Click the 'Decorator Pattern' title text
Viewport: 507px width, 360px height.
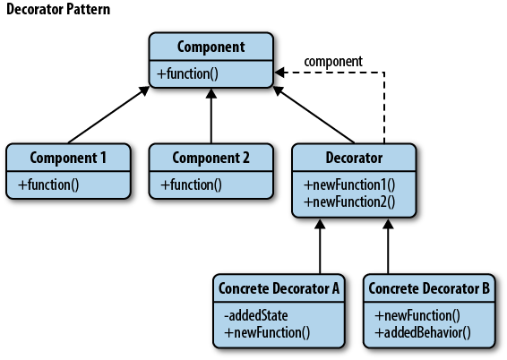(58, 9)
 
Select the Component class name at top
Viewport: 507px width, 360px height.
(211, 47)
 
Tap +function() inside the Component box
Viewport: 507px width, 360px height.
(187, 73)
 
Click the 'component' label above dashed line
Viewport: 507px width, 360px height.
(333, 62)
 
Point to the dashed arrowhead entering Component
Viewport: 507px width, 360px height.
(279, 73)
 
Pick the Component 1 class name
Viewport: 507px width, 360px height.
(68, 158)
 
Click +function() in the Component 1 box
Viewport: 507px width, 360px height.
(48, 184)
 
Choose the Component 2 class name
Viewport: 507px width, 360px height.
(211, 158)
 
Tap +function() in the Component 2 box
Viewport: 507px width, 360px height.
(192, 184)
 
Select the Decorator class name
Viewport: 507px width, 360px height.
(354, 158)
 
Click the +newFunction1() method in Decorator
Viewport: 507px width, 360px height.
(349, 184)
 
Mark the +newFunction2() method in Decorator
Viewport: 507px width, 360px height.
(349, 202)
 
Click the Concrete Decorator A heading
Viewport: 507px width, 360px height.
(279, 288)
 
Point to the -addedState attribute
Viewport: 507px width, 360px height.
(256, 316)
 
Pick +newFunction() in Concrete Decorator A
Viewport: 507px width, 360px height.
(267, 333)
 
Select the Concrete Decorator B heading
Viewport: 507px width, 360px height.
(429, 288)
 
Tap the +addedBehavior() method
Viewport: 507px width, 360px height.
(423, 333)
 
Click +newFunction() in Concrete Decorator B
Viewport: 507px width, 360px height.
(417, 316)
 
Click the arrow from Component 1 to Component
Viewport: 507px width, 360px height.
(108, 115)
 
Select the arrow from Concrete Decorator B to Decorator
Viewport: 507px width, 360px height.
(388, 246)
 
